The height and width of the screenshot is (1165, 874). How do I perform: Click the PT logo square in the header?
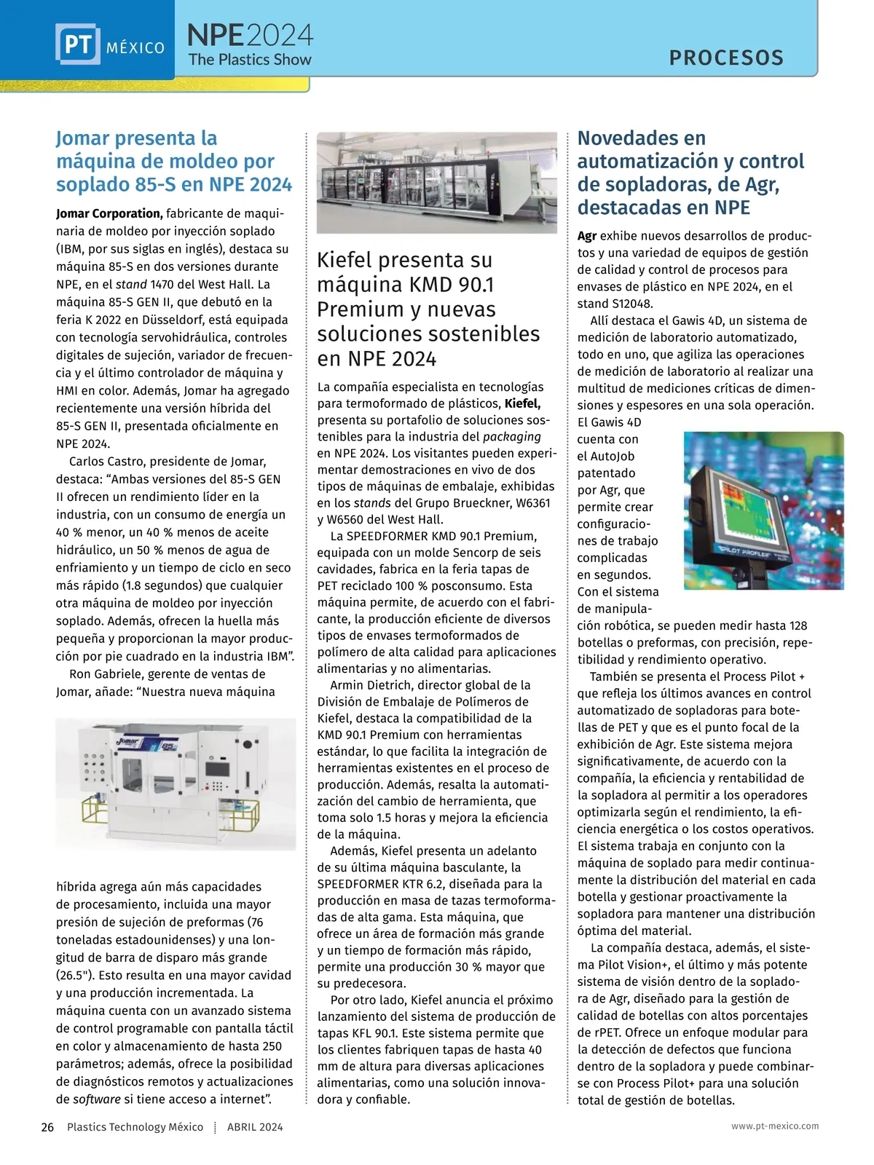tap(77, 44)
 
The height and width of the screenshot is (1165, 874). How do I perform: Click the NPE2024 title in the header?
tap(250, 34)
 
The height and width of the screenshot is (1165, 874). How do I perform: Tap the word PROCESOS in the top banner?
tap(726, 58)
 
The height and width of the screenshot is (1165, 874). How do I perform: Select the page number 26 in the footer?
tap(47, 1127)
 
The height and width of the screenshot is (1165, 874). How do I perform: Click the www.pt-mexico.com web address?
tap(775, 1126)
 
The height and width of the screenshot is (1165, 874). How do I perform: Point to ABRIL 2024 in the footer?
tap(255, 1127)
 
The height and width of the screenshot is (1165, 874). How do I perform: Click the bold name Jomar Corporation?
tap(109, 213)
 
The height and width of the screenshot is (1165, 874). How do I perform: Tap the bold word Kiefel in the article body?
tap(522, 403)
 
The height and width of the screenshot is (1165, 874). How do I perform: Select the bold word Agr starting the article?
tap(587, 236)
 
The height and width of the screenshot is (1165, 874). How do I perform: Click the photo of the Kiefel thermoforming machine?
tap(437, 183)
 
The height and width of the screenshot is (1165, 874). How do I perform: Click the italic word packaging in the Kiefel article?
tap(512, 437)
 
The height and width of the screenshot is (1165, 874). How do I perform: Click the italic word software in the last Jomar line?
tap(97, 1099)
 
